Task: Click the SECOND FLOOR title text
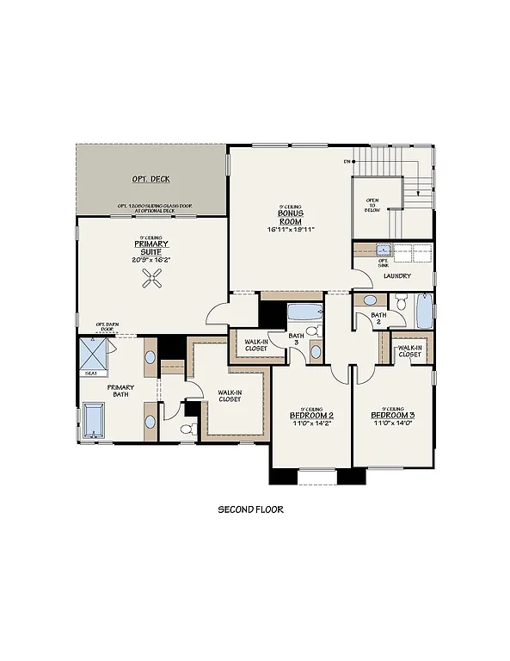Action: coord(250,510)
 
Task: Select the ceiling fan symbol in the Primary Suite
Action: coord(153,277)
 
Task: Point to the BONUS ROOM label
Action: coord(288,219)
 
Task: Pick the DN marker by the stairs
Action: coord(347,161)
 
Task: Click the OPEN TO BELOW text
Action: coord(372,207)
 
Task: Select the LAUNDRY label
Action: coord(397,276)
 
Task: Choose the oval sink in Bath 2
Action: coord(370,300)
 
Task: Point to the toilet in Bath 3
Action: coord(315,330)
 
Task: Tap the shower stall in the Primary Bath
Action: coord(93,352)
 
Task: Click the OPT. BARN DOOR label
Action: coord(107,327)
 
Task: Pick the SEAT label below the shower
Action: coord(91,374)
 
